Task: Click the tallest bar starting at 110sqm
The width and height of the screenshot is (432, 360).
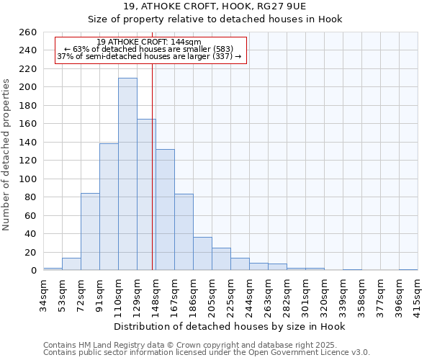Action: (127, 174)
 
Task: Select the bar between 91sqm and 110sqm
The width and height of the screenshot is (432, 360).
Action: (109, 207)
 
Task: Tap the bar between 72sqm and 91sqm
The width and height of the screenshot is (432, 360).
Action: (90, 231)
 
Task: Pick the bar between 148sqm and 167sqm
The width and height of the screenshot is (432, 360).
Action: (165, 210)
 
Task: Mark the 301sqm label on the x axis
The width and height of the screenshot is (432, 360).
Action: (305, 292)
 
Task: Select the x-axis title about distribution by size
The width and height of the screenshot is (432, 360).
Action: (230, 327)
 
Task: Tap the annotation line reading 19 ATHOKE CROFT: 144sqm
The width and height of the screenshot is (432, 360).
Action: (149, 42)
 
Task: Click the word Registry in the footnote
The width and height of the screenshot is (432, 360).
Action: (130, 345)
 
